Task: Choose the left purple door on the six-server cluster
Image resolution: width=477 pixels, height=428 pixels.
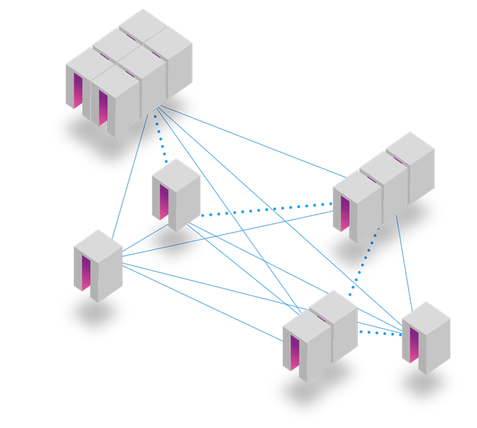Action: (78, 90)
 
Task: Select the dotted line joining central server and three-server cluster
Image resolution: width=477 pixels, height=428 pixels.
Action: (265, 209)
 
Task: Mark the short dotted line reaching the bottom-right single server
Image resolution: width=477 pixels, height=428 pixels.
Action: (380, 333)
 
